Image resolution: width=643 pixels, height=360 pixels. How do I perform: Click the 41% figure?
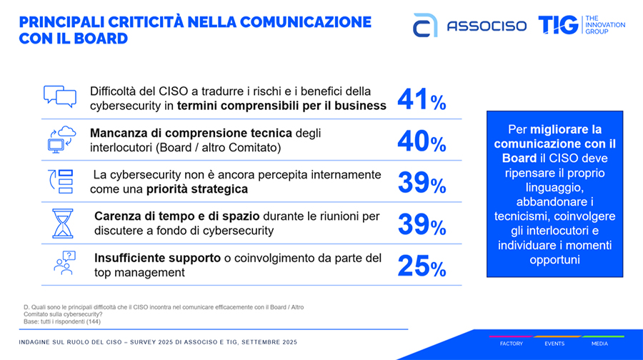click(x=422, y=101)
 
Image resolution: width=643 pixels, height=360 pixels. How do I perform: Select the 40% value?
click(x=422, y=141)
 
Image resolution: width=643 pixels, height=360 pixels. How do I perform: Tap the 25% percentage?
click(x=422, y=266)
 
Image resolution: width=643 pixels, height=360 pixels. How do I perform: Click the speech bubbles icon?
click(x=59, y=96)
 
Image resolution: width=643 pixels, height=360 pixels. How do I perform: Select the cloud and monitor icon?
click(x=61, y=138)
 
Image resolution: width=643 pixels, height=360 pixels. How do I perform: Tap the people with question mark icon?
click(x=62, y=263)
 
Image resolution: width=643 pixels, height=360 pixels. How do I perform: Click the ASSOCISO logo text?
click(x=487, y=26)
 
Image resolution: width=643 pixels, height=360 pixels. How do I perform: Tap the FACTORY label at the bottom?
click(x=511, y=344)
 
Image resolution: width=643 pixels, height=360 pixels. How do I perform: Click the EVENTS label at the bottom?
click(x=554, y=344)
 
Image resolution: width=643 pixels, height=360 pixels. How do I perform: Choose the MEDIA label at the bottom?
click(x=599, y=344)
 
